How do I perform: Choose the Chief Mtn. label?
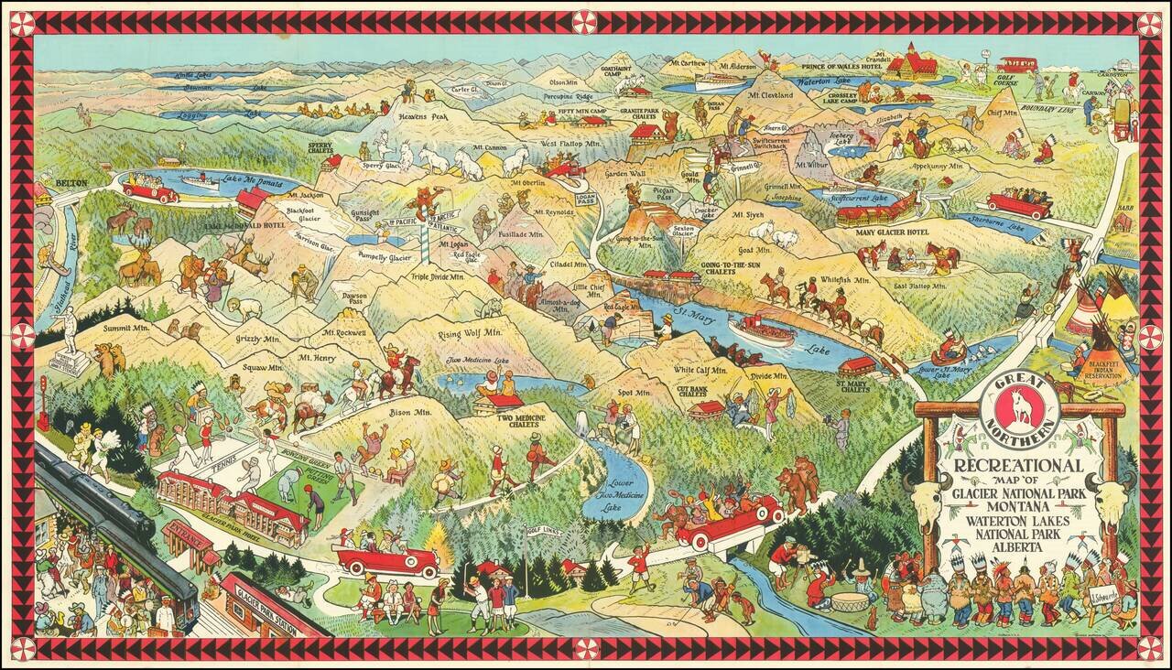click(x=1003, y=113)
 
